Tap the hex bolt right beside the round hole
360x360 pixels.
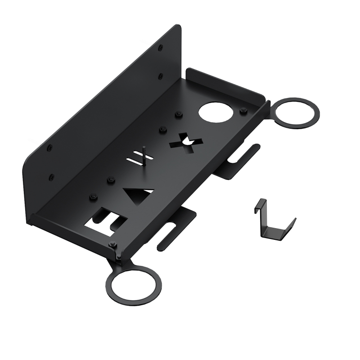pos(243,111)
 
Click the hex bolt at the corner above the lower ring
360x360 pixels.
pos(112,244)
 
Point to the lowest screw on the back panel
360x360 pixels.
pos(51,176)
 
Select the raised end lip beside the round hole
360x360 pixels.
pos(225,81)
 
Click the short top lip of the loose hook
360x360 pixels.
pos(258,202)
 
